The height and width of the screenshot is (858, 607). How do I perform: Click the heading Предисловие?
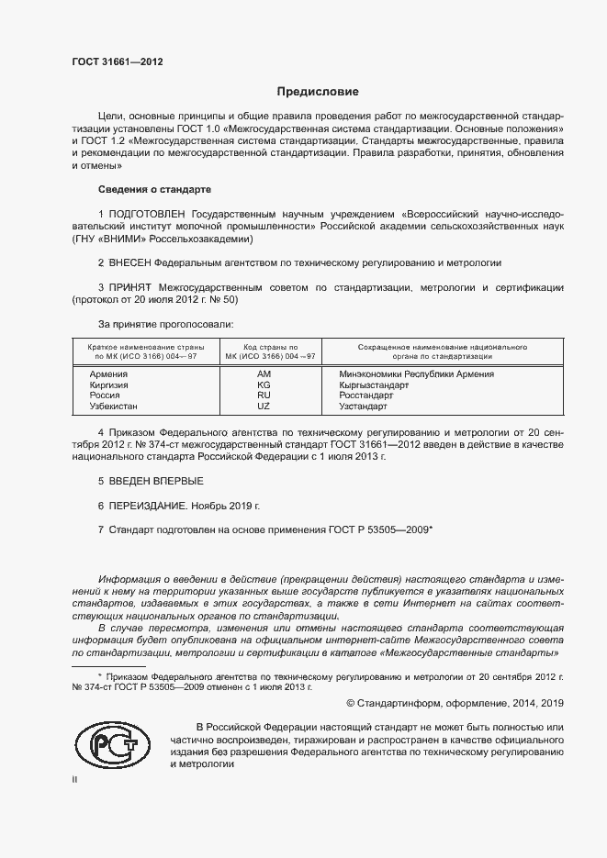pyautogui.click(x=318, y=92)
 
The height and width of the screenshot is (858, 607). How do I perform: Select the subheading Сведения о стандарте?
pyautogui.click(x=154, y=188)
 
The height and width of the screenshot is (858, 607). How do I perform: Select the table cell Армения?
pyautogui.click(x=107, y=374)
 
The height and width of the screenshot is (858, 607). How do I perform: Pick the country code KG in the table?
pyautogui.click(x=264, y=385)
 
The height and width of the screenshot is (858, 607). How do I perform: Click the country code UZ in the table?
pyautogui.click(x=264, y=406)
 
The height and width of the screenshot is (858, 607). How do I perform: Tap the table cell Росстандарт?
pyautogui.click(x=365, y=396)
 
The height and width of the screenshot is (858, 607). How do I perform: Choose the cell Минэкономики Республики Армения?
pyautogui.click(x=416, y=374)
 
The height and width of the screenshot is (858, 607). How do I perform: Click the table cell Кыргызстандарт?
pyautogui.click(x=374, y=385)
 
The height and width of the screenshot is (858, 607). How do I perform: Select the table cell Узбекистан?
pyautogui.click(x=113, y=406)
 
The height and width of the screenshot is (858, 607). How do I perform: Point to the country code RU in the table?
pyautogui.click(x=264, y=396)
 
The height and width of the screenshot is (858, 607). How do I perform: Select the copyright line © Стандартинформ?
pyautogui.click(x=454, y=703)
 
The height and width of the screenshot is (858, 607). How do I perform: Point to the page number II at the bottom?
pyautogui.click(x=75, y=779)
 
